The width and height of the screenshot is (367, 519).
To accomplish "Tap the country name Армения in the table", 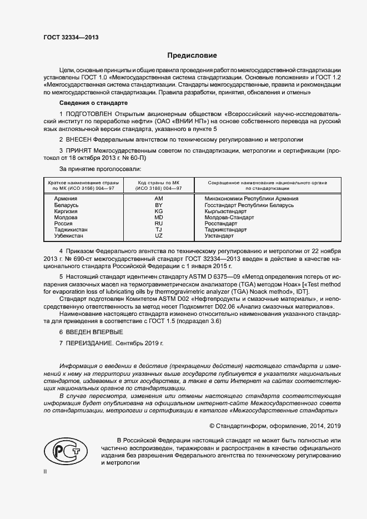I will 66,198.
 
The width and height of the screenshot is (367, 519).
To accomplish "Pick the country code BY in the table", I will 158,205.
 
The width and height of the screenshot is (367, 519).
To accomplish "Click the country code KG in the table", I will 158,211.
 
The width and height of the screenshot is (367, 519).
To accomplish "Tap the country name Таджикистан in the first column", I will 71,229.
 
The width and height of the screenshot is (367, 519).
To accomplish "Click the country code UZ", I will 158,236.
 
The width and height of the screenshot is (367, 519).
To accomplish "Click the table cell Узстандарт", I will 219,236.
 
